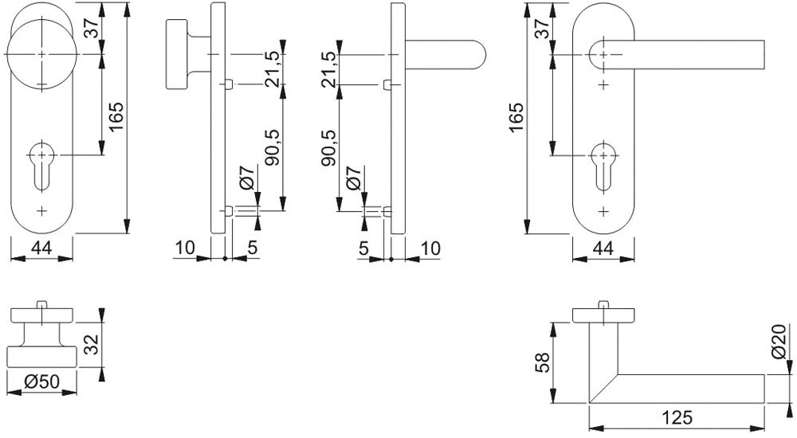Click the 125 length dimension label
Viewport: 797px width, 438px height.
[677, 417]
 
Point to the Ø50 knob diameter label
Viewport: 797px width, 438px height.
[42, 382]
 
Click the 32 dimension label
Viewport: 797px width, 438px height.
[91, 344]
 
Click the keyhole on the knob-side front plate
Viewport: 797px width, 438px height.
[41, 164]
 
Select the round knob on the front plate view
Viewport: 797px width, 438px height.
[41, 53]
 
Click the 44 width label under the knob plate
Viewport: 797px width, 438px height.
[41, 248]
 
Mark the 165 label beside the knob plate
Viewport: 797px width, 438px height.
[116, 118]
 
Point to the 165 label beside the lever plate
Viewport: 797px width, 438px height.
[517, 118]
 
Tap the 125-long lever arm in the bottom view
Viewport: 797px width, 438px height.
[685, 388]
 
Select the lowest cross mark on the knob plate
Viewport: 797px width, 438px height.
[41, 211]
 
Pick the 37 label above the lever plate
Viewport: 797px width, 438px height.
[542, 29]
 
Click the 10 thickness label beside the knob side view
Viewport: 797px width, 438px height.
[184, 248]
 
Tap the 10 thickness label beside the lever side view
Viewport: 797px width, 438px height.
[430, 248]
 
